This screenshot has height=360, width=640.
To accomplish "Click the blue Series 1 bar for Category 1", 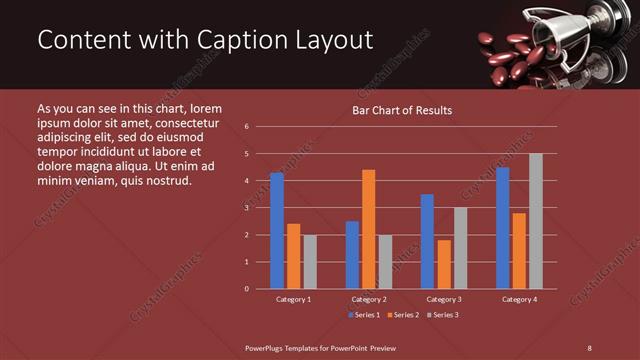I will tap(277, 231).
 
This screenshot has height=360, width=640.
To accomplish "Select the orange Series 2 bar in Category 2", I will tap(369, 229).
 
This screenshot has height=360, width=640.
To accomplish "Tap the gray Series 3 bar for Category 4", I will tap(536, 221).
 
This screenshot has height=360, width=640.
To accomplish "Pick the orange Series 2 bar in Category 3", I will tap(444, 264).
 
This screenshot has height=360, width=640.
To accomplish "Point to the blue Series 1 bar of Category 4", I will tap(503, 228).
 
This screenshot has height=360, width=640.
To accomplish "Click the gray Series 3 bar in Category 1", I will tap(310, 262).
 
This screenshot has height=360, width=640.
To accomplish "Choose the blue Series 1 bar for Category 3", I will tap(427, 241).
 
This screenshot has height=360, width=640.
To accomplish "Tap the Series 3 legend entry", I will tap(443, 315).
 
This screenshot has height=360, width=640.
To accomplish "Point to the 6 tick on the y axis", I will tap(247, 127).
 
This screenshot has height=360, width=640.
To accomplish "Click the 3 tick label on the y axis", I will tap(247, 208).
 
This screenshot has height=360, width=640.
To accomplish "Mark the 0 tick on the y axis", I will tap(247, 289).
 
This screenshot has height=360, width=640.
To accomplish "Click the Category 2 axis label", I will tap(368, 299).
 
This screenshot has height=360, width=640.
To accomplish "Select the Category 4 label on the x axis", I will tap(519, 299).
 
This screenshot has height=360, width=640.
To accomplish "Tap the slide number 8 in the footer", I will tap(589, 347).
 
